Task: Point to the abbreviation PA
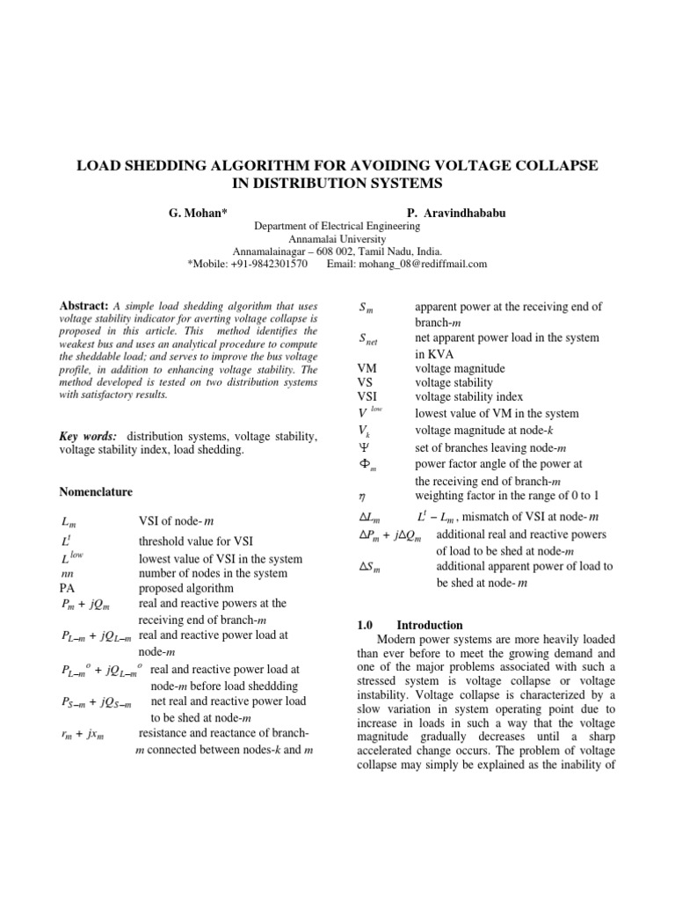[x=67, y=587]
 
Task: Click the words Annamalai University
[x=337, y=238]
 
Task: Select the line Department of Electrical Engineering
[x=337, y=226]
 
